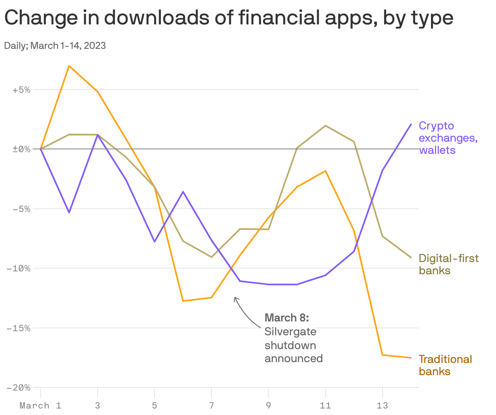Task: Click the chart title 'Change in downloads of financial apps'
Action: tap(228, 18)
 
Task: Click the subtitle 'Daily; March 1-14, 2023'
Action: tap(55, 46)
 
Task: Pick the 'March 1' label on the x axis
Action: tap(40, 406)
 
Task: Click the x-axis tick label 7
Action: tap(211, 406)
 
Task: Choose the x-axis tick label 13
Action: tap(382, 406)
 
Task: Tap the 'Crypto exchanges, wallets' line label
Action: tap(448, 138)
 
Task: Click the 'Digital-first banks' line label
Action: tap(448, 264)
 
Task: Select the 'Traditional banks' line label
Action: tap(445, 365)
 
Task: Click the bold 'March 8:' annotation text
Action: tap(287, 317)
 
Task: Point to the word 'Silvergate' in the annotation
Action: tap(290, 332)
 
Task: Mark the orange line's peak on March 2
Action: tap(69, 66)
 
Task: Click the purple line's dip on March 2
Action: tap(69, 212)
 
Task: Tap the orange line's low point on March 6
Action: tap(183, 301)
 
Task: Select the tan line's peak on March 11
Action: tap(326, 125)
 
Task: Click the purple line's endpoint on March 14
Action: tap(411, 124)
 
